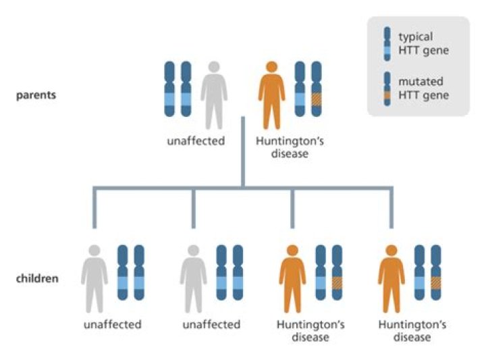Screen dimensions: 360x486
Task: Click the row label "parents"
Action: tap(36, 95)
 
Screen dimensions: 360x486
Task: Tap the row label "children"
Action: tap(37, 278)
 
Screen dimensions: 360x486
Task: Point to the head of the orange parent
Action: tap(271, 68)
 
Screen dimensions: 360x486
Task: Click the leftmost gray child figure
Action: tap(94, 278)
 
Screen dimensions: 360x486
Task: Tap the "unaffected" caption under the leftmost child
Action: tap(113, 325)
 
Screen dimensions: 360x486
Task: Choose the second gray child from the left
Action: tap(193, 278)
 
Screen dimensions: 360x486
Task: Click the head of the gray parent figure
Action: tap(213, 68)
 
